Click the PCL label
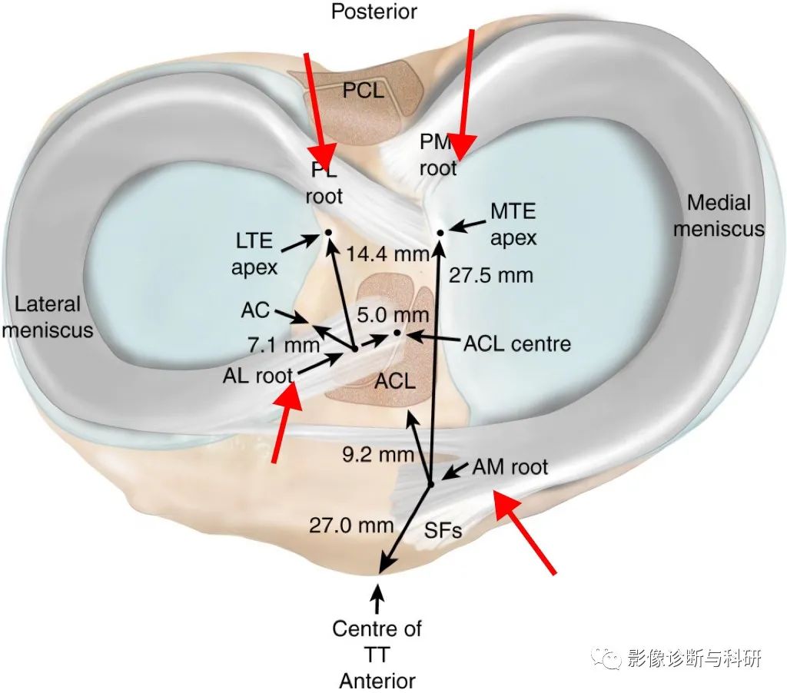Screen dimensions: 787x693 coord(364,91)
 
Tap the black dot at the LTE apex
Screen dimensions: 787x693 coord(329,232)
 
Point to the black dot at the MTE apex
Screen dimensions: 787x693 coord(440,232)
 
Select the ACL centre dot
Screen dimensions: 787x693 coord(397,332)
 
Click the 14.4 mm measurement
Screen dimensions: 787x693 coord(388,254)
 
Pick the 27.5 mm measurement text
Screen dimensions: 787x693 coord(491,275)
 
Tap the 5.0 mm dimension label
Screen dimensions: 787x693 coord(393,315)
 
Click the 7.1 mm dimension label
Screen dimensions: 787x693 coord(284,345)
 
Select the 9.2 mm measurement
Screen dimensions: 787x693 coord(378,455)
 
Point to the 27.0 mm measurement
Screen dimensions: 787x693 coord(351,526)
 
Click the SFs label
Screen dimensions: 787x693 coord(443,530)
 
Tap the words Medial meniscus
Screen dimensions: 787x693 coord(719,216)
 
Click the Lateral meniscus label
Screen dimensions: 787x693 coord(48,317)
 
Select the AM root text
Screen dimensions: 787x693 coord(510,467)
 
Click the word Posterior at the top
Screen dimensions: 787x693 coord(374,12)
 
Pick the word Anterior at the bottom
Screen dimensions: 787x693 coord(377,681)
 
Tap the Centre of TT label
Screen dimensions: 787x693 coord(377,642)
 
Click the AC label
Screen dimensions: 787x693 coord(255,310)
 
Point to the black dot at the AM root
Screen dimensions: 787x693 coord(430,484)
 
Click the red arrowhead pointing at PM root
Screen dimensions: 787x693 coord(461,147)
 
